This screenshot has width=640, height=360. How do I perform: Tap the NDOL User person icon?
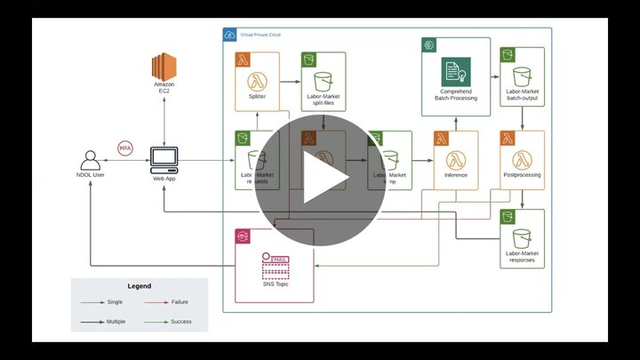(90, 160)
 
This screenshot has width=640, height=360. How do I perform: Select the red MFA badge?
(125, 148)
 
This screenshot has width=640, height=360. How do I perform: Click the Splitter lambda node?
(257, 80)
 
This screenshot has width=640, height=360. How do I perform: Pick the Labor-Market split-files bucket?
(323, 80)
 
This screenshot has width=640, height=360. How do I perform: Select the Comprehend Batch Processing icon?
(456, 72)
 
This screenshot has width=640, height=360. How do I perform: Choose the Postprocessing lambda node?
(522, 160)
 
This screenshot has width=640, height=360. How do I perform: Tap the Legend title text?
(140, 286)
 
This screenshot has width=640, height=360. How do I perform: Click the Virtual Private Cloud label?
(261, 34)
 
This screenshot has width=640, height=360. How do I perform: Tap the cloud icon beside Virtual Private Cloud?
(230, 35)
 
